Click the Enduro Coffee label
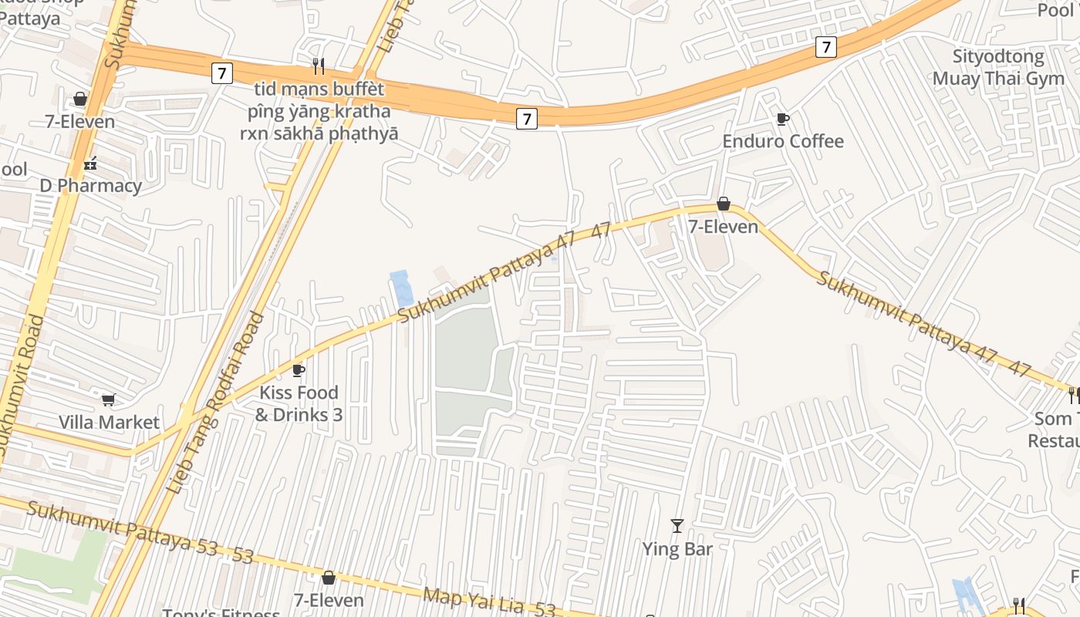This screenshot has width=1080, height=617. [783, 141]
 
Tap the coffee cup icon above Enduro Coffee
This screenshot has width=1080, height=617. [783, 119]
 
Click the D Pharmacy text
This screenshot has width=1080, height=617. [91, 186]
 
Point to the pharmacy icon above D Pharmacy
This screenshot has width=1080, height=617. [90, 163]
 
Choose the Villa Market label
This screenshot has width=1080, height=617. [109, 422]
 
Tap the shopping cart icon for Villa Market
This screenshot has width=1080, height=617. [109, 399]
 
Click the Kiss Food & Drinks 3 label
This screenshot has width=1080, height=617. [299, 403]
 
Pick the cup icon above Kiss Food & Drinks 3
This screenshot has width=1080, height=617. [299, 371]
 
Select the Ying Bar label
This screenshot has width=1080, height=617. [677, 549]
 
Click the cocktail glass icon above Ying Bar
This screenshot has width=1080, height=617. [677, 526]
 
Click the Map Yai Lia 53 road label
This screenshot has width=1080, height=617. [489, 602]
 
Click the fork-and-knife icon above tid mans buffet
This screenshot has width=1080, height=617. [318, 66]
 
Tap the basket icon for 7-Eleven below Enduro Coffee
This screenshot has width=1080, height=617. [724, 204]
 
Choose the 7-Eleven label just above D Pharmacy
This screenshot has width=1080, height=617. [79, 121]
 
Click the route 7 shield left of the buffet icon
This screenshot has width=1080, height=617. [221, 73]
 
